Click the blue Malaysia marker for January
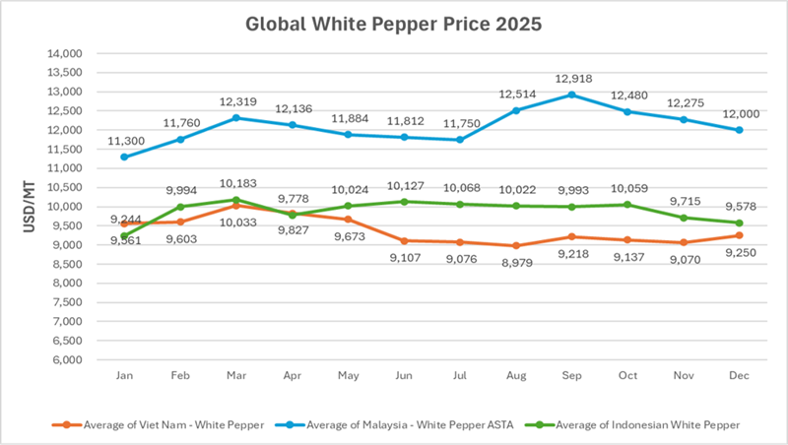point(124,157)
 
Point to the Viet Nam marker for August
point(515,246)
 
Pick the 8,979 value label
point(515,263)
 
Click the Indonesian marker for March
point(235,200)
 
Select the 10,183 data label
point(237,183)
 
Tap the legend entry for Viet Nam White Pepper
point(157,424)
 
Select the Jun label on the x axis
point(404,375)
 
